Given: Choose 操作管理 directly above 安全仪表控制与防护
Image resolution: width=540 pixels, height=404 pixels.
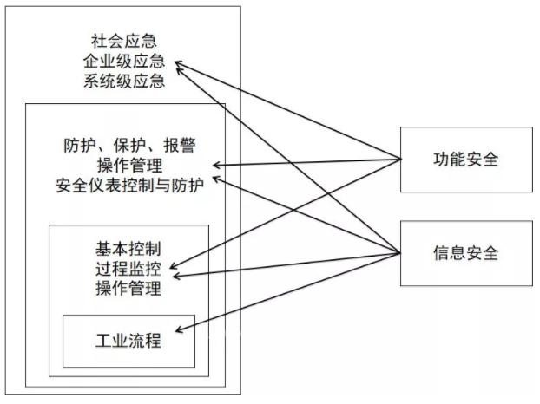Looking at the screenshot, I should click(135, 165).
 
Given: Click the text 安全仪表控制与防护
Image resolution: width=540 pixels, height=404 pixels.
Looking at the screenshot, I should click(135, 185).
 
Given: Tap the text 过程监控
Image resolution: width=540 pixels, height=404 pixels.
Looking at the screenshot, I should click(129, 267).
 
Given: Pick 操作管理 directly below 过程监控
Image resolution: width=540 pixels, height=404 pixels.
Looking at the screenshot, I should click(129, 288).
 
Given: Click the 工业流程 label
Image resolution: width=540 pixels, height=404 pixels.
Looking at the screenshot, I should click(128, 340).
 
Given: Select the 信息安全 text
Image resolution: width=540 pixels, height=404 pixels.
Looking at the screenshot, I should click(465, 253).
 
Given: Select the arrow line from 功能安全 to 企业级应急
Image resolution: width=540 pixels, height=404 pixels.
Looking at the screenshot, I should click(286, 110).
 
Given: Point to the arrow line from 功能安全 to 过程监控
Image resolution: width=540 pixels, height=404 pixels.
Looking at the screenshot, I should click(286, 212).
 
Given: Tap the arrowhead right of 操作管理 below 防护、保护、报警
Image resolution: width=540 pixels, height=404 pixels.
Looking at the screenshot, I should click(217, 165).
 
